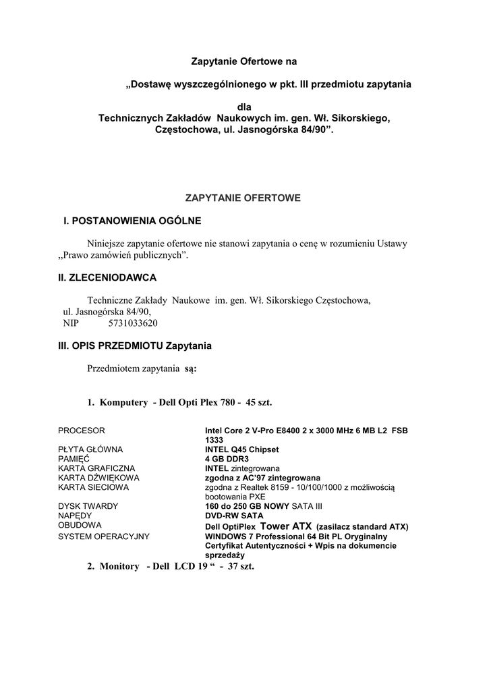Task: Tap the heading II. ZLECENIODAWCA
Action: point(107,277)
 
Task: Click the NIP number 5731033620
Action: point(133,323)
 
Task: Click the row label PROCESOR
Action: point(82,430)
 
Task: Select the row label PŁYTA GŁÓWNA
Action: point(90,449)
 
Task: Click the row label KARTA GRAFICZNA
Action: point(96,468)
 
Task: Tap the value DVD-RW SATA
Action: point(234,515)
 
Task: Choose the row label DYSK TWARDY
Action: point(88,505)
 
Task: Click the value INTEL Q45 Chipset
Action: point(241,449)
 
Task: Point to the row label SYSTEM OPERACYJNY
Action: point(104,536)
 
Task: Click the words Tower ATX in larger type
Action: point(285,526)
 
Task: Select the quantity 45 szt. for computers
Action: point(259,402)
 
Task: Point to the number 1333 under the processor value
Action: point(214,439)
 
